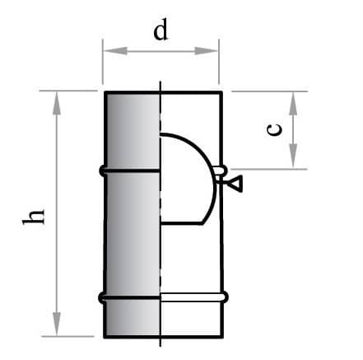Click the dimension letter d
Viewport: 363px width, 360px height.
pyautogui.click(x=161, y=30)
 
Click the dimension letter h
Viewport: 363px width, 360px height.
pyautogui.click(x=33, y=217)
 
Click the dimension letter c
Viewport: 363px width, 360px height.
pyautogui.click(x=274, y=129)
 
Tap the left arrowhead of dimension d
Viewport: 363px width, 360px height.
pyautogui.click(x=116, y=51)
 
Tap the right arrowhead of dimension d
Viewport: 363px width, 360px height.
pyautogui.click(x=206, y=51)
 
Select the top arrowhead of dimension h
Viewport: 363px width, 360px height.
pyautogui.click(x=57, y=103)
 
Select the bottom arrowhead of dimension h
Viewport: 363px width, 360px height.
pyautogui.click(x=57, y=324)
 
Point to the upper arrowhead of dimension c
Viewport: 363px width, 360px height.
pyautogui.click(x=293, y=104)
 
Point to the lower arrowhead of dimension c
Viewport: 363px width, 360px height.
pyautogui.click(x=293, y=156)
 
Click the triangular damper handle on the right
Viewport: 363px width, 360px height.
pyautogui.click(x=236, y=183)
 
